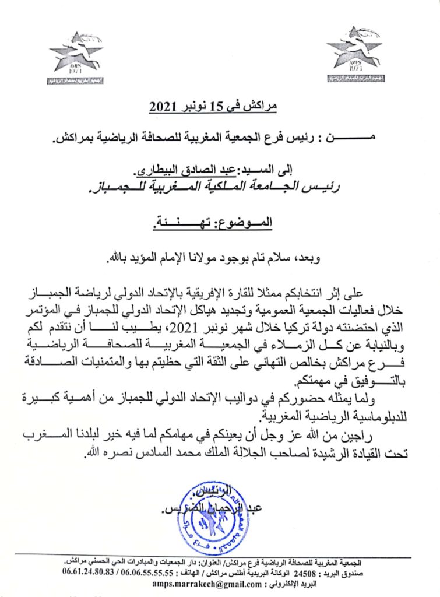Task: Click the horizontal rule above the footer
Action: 220,553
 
